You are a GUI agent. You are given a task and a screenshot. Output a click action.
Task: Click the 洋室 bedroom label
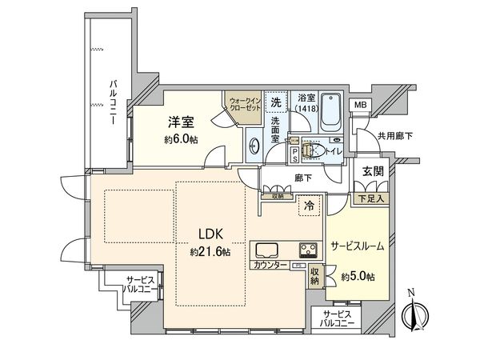pos(181,122)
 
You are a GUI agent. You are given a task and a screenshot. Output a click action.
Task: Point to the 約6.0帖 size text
pos(181,138)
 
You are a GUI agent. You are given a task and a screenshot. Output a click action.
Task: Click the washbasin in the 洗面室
pos(254,146)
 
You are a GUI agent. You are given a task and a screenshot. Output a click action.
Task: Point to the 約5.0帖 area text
pos(358,277)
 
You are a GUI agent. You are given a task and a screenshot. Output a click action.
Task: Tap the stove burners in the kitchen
pos(309,246)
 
